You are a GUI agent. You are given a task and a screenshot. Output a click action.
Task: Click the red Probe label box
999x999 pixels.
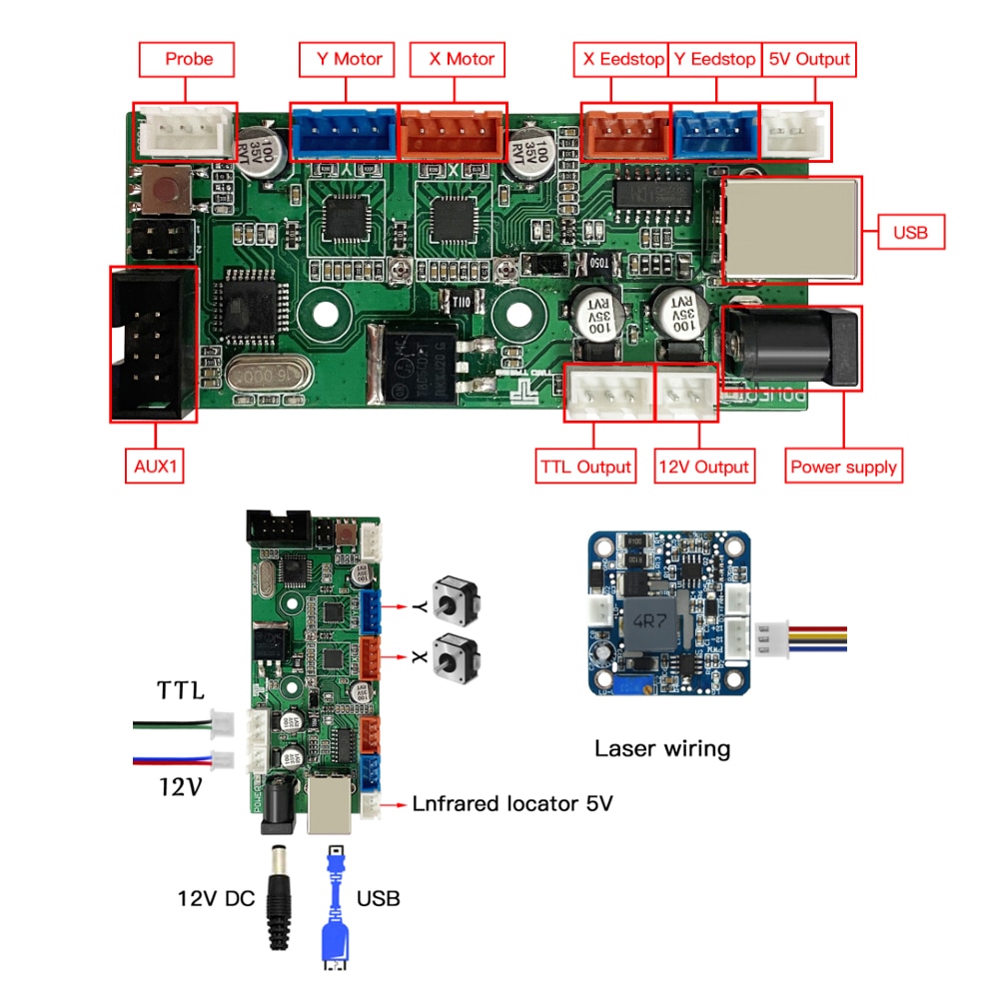189,59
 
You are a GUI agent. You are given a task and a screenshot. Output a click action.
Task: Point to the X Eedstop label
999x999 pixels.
623,59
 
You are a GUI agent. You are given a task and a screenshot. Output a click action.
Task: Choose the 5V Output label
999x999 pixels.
809,59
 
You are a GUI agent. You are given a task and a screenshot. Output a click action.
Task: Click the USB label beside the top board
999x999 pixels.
910,234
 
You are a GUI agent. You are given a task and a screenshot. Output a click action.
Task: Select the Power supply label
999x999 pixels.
843,467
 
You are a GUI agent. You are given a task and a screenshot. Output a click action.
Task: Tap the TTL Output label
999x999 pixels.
586,467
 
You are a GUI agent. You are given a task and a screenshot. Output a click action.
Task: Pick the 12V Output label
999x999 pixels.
703,467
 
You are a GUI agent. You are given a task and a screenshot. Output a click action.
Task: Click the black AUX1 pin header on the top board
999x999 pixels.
152,343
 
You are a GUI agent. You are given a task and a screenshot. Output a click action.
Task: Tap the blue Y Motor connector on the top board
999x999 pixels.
343,131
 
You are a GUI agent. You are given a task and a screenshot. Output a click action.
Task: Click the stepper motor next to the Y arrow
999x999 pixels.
454,599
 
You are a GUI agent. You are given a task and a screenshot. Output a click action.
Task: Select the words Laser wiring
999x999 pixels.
662,748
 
